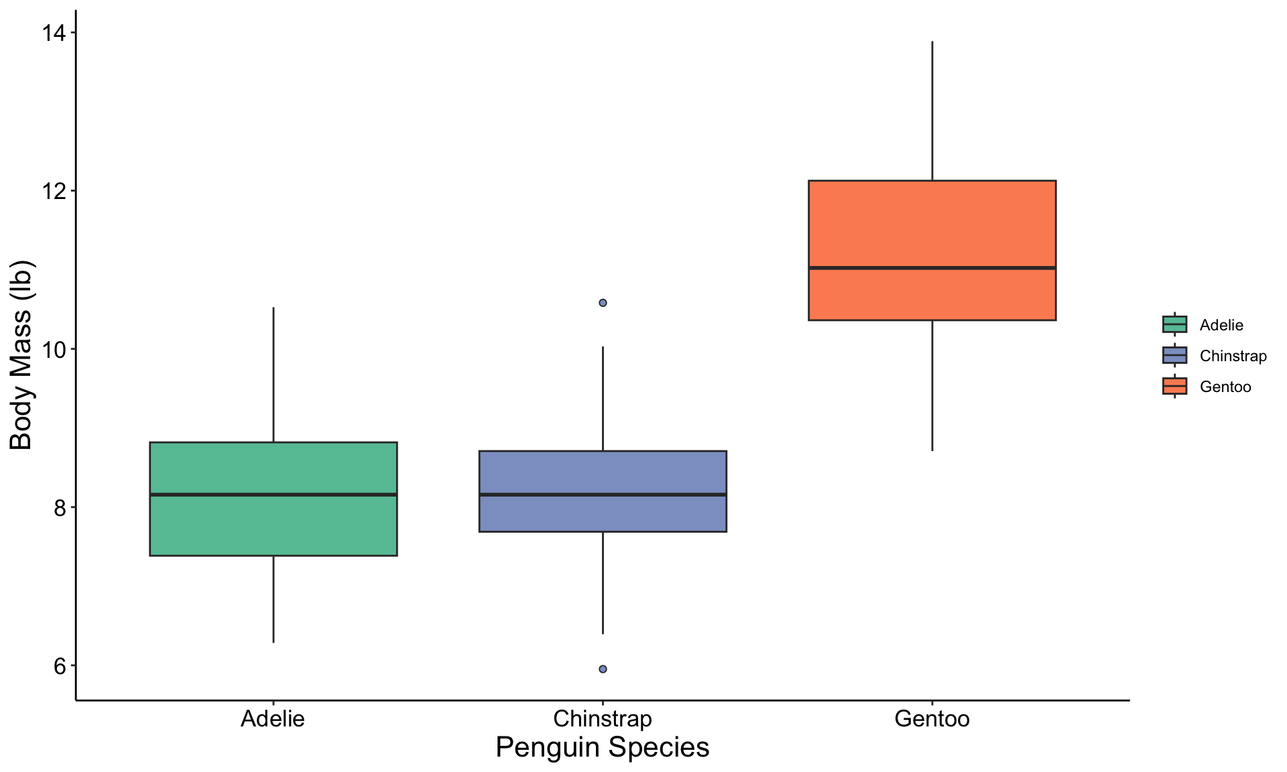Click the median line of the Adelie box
tap(273, 495)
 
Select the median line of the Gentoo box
tap(932, 267)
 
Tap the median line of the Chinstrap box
tap(603, 495)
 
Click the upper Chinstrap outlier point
tap(603, 303)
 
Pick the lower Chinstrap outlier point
tap(603, 669)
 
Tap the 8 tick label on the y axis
tap(61, 507)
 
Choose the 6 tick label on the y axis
tap(61, 665)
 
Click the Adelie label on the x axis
tap(273, 718)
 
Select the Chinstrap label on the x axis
tap(603, 719)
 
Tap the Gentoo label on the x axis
tap(932, 718)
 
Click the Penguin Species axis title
tap(603, 747)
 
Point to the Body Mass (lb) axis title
tap(21, 355)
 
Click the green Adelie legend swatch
tap(1174, 324)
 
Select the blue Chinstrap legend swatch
tap(1174, 355)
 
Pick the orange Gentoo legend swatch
tap(1174, 386)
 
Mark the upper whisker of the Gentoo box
tap(932, 111)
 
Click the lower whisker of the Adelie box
tap(273, 599)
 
